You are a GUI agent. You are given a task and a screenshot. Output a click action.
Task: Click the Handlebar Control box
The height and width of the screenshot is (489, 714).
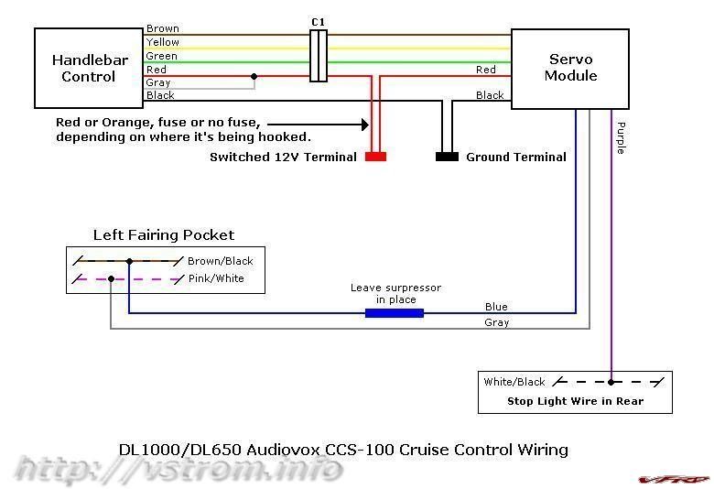(89, 69)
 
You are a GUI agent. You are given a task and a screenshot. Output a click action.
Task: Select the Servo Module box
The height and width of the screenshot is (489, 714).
(569, 69)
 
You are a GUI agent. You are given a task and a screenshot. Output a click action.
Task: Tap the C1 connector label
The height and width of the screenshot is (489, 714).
(318, 22)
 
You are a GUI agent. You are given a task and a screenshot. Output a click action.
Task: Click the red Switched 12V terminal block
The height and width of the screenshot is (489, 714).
(375, 157)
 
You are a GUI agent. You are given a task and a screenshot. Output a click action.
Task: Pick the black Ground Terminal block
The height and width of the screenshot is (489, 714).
(447, 157)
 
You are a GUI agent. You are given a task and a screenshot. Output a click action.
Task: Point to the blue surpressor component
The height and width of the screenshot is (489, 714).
(394, 313)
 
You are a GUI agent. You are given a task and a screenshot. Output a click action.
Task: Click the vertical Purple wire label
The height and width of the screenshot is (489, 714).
(621, 137)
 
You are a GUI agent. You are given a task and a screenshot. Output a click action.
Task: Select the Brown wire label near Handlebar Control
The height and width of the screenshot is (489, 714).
(163, 29)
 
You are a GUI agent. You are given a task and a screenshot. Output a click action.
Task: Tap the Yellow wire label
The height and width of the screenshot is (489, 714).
(163, 42)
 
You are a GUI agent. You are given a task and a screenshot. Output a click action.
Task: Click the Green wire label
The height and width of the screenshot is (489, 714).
(162, 56)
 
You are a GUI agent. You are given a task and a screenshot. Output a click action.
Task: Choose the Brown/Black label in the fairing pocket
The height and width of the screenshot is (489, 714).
(220, 261)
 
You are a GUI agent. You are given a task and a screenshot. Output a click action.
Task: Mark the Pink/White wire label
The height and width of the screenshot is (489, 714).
(216, 278)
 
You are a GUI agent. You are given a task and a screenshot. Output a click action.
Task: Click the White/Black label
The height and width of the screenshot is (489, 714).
(514, 382)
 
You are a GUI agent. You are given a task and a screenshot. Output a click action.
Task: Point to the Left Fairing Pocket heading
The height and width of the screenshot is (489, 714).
(164, 235)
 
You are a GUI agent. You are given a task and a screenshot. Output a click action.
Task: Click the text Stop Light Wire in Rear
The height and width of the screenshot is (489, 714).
(575, 401)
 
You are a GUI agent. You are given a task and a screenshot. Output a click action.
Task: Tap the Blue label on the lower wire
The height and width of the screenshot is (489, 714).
(496, 307)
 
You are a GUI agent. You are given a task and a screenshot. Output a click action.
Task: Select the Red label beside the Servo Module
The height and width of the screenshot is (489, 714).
(486, 70)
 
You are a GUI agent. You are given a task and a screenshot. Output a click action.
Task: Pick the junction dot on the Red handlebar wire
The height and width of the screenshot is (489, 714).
(254, 77)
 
